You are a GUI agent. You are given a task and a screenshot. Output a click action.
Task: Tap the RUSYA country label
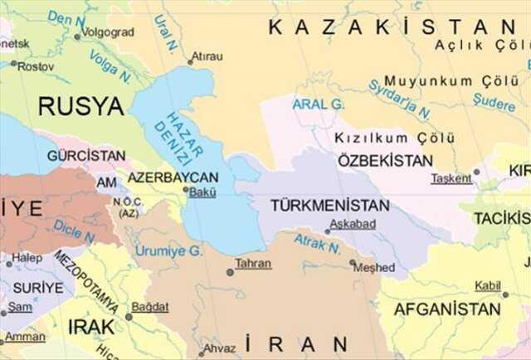pyautogui.click(x=80, y=105)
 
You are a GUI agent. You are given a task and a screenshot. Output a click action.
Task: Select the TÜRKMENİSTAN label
pyautogui.click(x=329, y=205)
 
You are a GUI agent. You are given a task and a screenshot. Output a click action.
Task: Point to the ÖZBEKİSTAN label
pyautogui.click(x=384, y=161)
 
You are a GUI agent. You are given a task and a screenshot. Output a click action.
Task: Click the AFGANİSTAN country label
pyautogui.click(x=447, y=309)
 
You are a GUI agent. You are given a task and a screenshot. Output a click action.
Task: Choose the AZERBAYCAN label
pyautogui.click(x=173, y=178)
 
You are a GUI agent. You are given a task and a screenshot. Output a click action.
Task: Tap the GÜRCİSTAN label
pyautogui.click(x=86, y=155)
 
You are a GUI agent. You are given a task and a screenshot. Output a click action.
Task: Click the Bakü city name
pyautogui.click(x=203, y=193)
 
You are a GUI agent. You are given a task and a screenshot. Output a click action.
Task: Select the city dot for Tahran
pyautogui.click(x=230, y=271)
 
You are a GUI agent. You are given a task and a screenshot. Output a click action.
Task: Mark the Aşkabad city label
pyautogui.click(x=353, y=224)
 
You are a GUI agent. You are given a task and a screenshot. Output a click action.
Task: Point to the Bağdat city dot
pyautogui.click(x=129, y=316)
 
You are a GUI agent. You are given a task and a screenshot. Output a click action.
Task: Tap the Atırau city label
pyautogui.click(x=207, y=56)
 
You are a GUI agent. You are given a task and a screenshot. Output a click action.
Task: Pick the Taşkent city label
pyautogui.click(x=451, y=178)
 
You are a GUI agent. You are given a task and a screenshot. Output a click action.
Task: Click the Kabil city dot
pyautogui.click(x=504, y=294)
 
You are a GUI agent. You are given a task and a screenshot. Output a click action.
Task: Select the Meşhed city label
pyautogui.click(x=377, y=267)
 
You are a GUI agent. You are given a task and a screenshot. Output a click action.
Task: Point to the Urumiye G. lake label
pyautogui.click(x=168, y=250)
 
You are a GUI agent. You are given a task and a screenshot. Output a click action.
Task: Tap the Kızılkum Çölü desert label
pyautogui.click(x=382, y=138)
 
